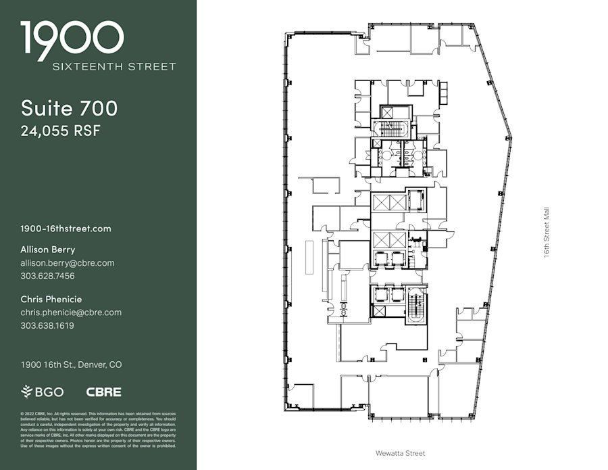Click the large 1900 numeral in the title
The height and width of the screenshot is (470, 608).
[72, 39]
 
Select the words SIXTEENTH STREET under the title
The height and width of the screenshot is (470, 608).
[114, 66]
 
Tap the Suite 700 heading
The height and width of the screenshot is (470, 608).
[69, 108]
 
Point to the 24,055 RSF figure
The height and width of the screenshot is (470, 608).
[60, 131]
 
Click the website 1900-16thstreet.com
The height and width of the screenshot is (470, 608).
[66, 229]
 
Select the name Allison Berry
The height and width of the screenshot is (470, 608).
[47, 250]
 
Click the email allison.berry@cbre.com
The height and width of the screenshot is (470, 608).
[67, 263]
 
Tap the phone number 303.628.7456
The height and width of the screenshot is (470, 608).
[47, 276]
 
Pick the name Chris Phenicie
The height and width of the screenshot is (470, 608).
[51, 299]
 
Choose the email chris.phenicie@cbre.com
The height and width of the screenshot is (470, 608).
[71, 312]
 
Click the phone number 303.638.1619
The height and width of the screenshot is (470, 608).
[47, 325]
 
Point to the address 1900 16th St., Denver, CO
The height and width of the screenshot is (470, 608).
[71, 365]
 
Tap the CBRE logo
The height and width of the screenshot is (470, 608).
[103, 392]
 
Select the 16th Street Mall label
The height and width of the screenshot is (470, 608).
[547, 232]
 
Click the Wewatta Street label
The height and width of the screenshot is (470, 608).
[401, 453]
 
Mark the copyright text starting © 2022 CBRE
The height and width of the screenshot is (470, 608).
[98, 429]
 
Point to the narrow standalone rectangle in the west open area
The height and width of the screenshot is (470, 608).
[309, 258]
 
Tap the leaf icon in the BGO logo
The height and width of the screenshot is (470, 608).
[27, 392]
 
